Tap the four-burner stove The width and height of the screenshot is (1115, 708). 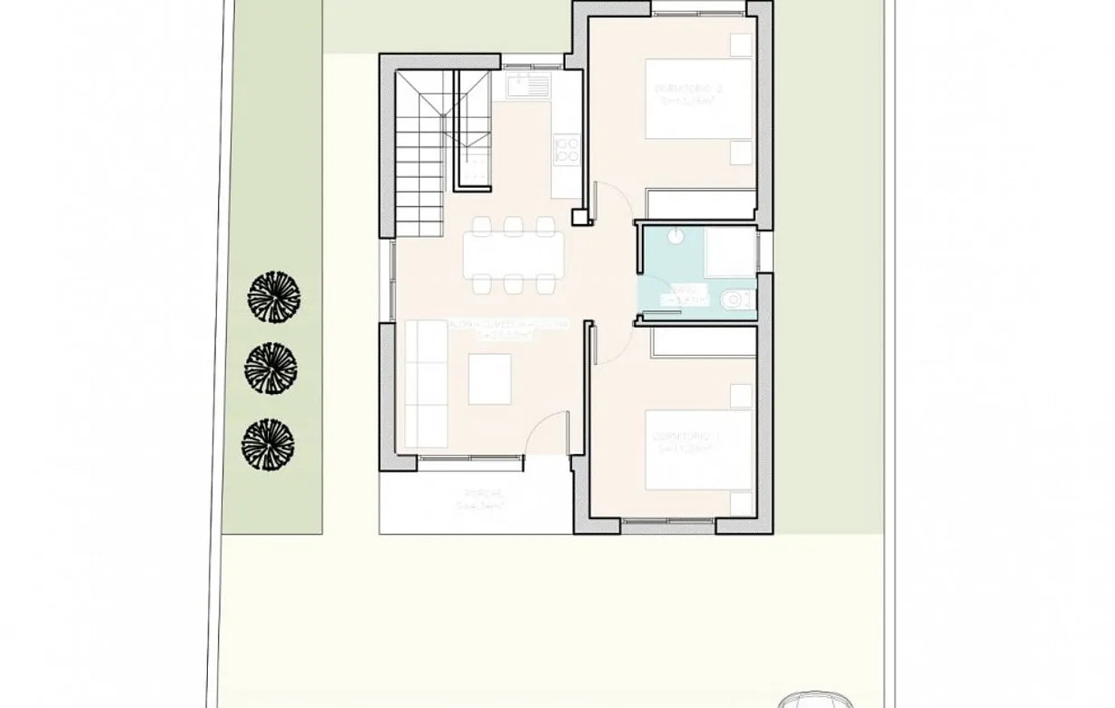click(x=567, y=150)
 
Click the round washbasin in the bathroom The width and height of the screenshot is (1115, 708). click(x=676, y=235)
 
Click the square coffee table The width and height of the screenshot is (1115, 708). click(x=489, y=379)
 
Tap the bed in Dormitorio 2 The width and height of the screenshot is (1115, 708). click(x=699, y=99)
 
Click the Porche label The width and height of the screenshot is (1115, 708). click(x=484, y=499)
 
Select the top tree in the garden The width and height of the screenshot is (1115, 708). click(x=273, y=296)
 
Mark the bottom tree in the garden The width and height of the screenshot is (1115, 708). click(x=268, y=444)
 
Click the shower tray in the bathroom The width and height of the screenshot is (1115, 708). click(x=731, y=252)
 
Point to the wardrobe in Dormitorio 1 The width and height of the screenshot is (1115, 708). click(x=704, y=341)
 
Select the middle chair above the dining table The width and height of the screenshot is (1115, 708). click(x=514, y=225)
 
